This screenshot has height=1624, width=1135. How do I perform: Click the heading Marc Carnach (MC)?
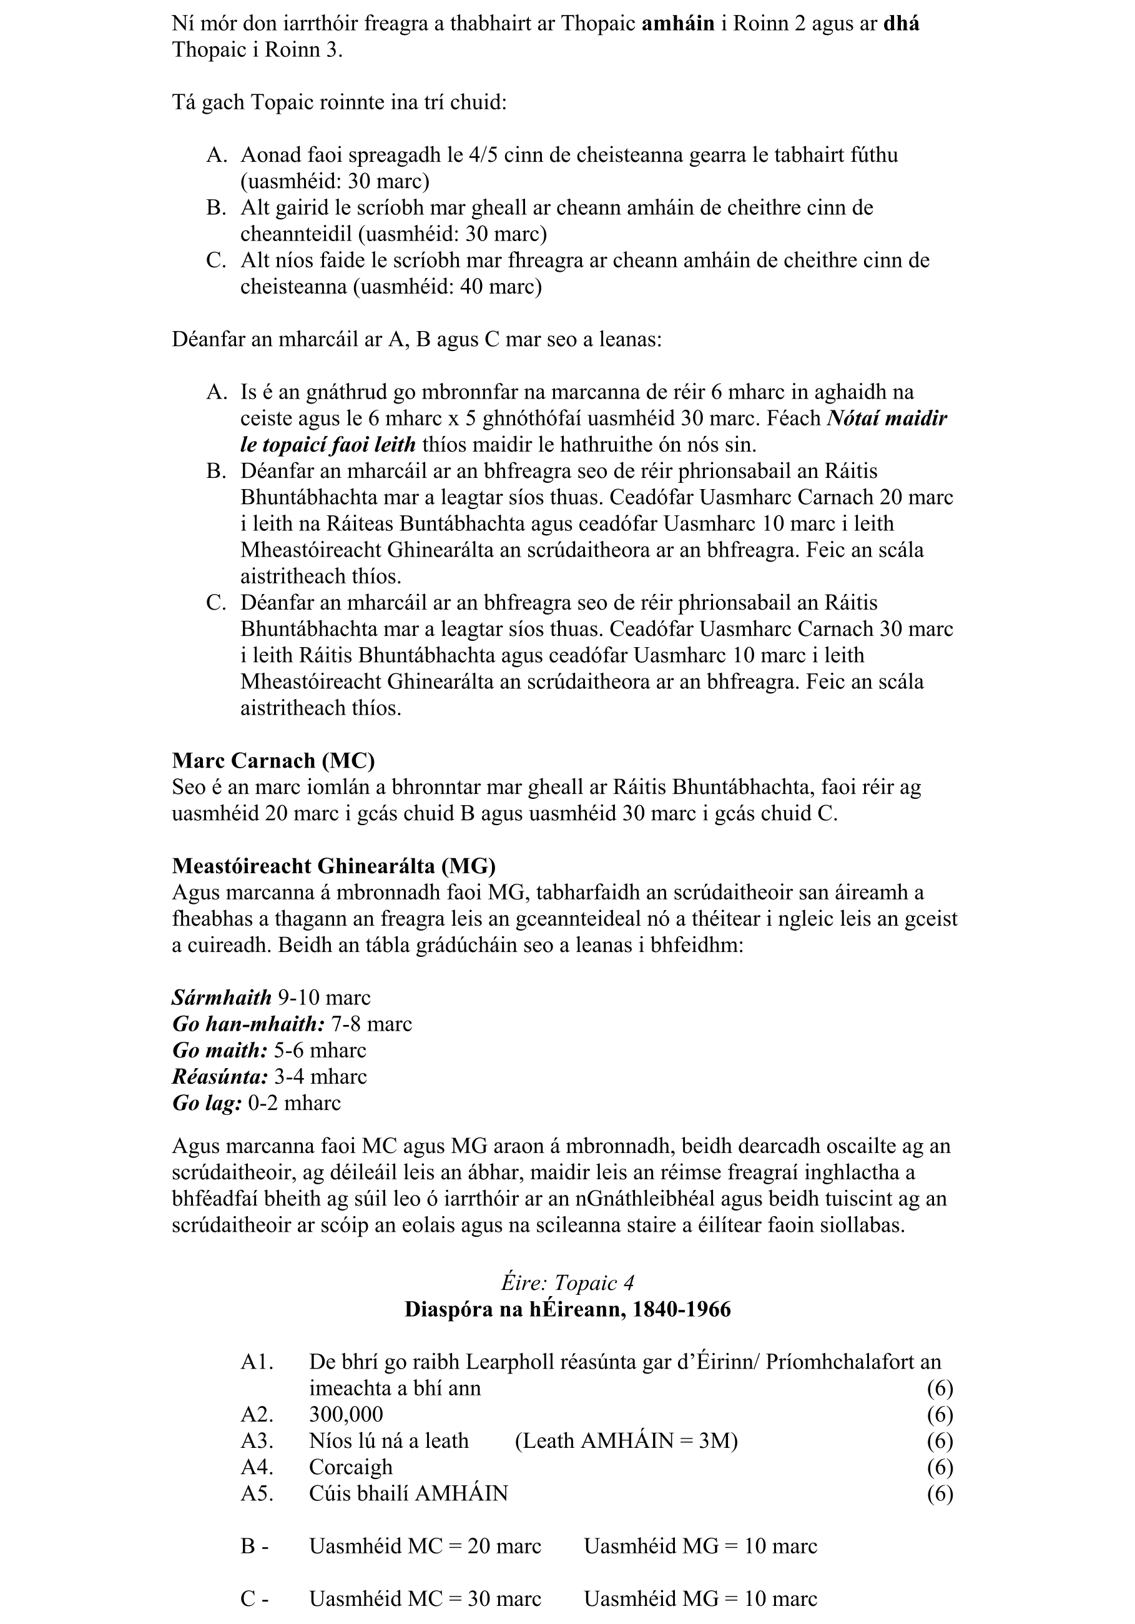pos(273,760)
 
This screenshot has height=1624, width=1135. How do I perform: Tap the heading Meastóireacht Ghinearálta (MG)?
pos(334,866)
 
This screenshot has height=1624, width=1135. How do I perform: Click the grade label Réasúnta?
pos(220,1077)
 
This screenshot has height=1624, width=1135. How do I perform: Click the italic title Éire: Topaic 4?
pos(567,1283)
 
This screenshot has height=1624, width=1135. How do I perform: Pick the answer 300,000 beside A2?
pos(346,1415)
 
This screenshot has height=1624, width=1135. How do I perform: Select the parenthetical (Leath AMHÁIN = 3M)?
pos(626,1441)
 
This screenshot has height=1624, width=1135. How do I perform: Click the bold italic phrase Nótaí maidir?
pos(886,418)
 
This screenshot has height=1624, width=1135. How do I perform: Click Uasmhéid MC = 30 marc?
pos(425,1598)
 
